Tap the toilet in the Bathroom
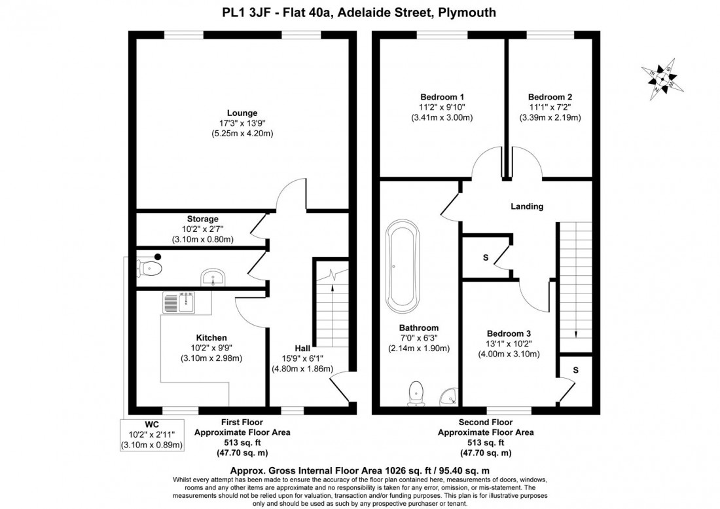point(415,392)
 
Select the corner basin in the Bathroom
point(448,396)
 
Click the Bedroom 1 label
point(441,96)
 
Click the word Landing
point(527,206)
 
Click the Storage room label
point(202,219)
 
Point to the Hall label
point(302,348)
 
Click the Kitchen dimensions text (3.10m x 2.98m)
point(211,358)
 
